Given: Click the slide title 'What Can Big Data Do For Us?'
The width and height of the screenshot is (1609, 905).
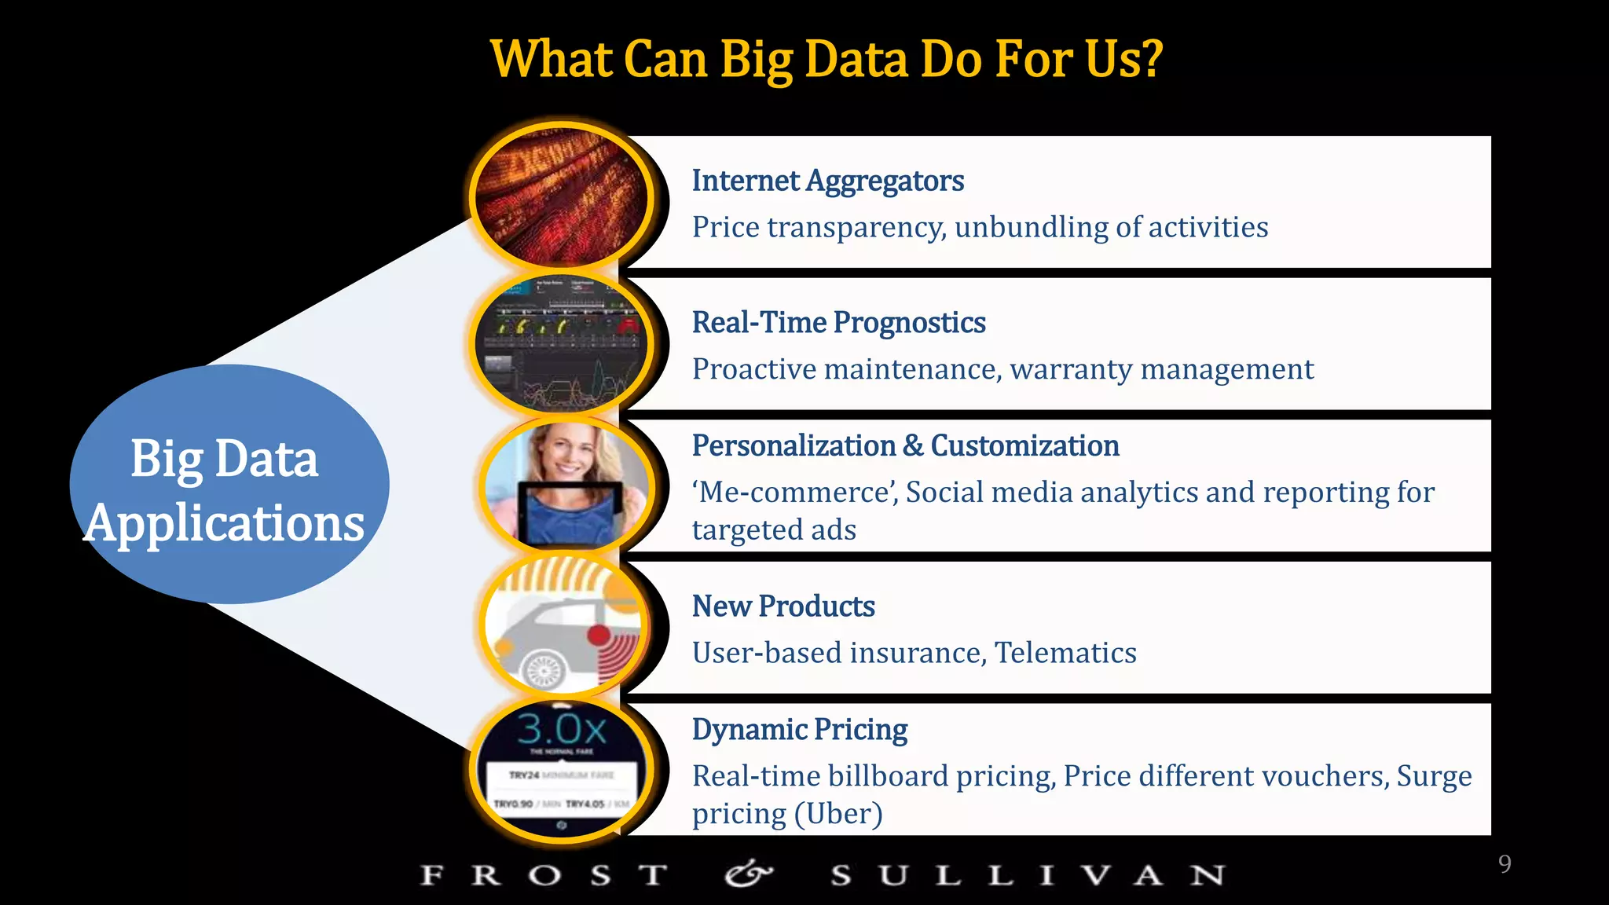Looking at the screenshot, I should (826, 60).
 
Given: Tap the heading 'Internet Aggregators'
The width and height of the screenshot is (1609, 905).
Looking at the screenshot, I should (827, 181).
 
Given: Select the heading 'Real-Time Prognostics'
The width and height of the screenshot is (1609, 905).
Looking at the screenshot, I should (838, 323).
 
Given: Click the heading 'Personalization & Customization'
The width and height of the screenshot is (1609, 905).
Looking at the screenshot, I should (905, 446).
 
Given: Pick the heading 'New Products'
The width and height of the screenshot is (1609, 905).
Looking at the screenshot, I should (783, 606).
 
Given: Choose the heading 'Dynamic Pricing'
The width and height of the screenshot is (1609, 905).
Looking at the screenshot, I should (799, 730).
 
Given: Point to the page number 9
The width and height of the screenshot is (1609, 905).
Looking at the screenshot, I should (1505, 864).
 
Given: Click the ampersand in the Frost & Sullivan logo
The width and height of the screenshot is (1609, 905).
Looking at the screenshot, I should (748, 874).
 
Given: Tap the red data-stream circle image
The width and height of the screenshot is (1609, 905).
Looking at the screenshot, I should (561, 196).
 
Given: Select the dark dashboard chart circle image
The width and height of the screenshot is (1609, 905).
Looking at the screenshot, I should (561, 344).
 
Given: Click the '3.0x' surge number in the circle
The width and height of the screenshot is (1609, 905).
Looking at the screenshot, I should (562, 729).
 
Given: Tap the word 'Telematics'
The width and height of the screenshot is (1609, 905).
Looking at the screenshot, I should (1065, 653).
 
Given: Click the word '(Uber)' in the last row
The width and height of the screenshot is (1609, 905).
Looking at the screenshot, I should (838, 814).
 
